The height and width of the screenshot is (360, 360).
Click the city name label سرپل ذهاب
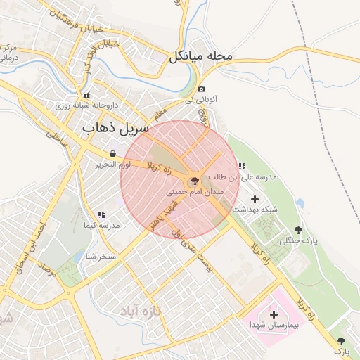[115, 129]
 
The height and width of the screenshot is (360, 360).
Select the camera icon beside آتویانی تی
[202, 89]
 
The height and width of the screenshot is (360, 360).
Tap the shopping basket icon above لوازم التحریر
[112, 153]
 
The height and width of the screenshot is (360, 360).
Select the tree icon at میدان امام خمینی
[195, 181]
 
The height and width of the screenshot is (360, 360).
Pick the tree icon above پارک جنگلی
[299, 230]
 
